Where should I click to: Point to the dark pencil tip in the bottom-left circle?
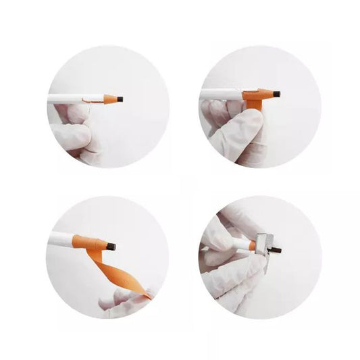point(111,247)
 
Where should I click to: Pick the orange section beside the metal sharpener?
point(252,246)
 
